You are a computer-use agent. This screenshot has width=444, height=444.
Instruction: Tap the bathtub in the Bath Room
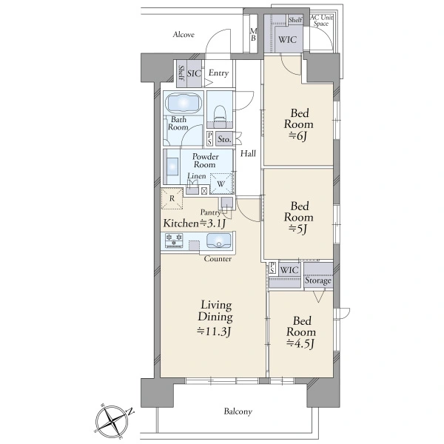coord(184,103)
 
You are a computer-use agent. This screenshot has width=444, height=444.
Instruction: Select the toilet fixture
coord(220,115)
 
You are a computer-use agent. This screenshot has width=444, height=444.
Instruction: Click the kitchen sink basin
coord(218,240)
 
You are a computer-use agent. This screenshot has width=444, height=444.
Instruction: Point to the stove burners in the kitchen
coord(174,240)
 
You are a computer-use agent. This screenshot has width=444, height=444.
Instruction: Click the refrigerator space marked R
coord(172,198)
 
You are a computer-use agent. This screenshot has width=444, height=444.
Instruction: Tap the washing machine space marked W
coord(221,184)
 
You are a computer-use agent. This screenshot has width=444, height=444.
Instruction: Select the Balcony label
coord(238,411)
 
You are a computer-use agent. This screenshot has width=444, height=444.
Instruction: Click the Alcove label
coord(184,35)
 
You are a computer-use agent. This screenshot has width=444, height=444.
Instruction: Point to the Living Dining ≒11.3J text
coord(215,318)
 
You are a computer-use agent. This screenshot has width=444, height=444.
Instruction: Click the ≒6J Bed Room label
coord(299,124)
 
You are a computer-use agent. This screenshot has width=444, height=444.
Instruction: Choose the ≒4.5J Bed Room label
coord(300,332)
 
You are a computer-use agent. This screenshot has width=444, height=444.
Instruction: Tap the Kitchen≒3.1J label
coord(194,223)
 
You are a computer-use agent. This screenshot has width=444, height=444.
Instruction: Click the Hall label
coord(248,153)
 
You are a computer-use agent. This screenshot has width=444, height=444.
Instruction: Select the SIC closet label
coord(194,73)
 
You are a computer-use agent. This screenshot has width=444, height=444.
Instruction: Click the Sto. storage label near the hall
coord(224,139)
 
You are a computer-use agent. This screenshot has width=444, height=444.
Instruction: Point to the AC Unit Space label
coord(321,21)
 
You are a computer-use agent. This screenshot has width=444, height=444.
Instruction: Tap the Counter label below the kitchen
coord(218,259)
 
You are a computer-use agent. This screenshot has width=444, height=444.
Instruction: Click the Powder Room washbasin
coord(172,167)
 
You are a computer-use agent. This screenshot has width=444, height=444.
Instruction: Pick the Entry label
coord(218,73)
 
